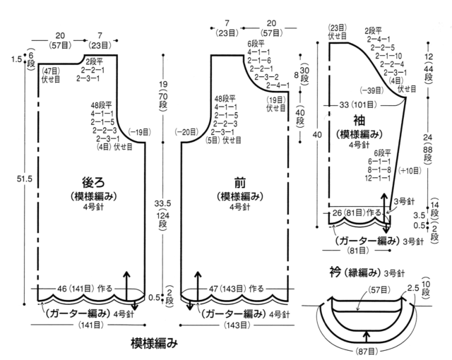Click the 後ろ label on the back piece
(93, 182)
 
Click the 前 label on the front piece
(240, 182)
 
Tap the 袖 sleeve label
(359, 121)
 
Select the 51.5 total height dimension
(24, 179)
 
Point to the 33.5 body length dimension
(162, 203)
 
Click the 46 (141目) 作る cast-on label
(85, 288)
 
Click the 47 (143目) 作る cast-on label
(236, 288)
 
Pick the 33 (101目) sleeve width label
(358, 104)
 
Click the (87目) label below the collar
(367, 352)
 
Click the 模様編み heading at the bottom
(154, 343)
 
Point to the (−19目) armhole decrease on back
(139, 132)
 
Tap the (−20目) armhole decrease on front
(186, 132)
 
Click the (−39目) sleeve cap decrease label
(371, 91)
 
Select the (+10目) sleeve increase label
(410, 171)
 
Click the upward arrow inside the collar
(367, 337)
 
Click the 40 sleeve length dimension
(317, 135)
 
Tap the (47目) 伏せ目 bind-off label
(51, 75)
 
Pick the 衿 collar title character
(335, 272)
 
